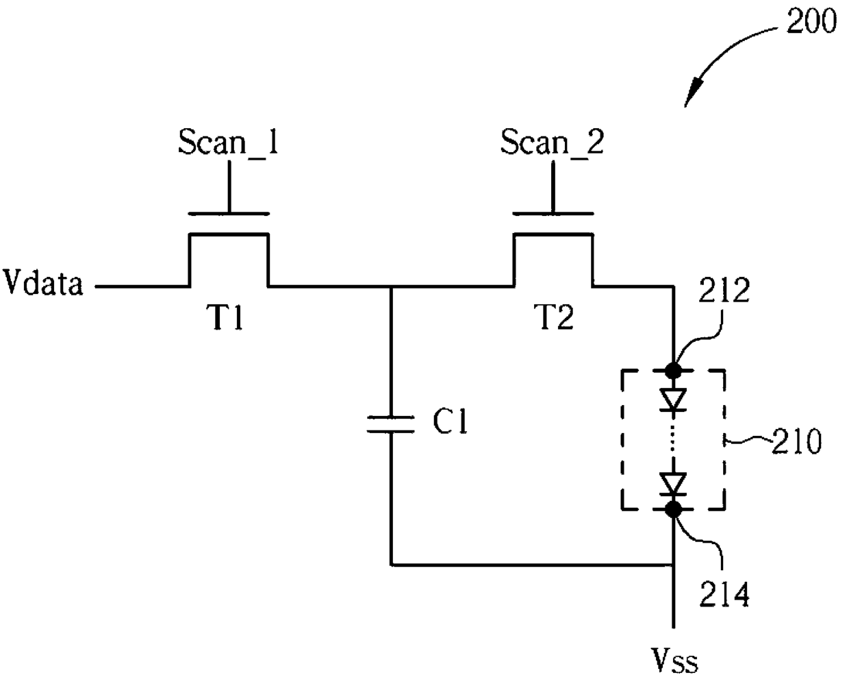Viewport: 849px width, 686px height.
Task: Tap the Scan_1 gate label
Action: (227, 142)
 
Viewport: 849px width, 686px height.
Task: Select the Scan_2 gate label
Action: (552, 142)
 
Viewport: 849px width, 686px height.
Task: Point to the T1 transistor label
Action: (225, 317)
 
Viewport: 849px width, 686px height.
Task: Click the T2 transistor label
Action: (554, 317)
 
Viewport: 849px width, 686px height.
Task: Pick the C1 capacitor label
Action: (450, 421)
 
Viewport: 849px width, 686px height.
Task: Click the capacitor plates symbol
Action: (391, 424)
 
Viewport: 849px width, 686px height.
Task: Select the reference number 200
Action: (811, 21)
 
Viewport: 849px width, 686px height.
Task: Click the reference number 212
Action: (724, 290)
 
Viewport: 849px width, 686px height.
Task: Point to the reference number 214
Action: (724, 594)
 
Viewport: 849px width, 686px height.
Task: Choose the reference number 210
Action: (796, 441)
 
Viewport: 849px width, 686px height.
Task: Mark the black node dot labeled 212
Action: (674, 371)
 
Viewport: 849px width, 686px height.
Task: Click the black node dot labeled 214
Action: (674, 509)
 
